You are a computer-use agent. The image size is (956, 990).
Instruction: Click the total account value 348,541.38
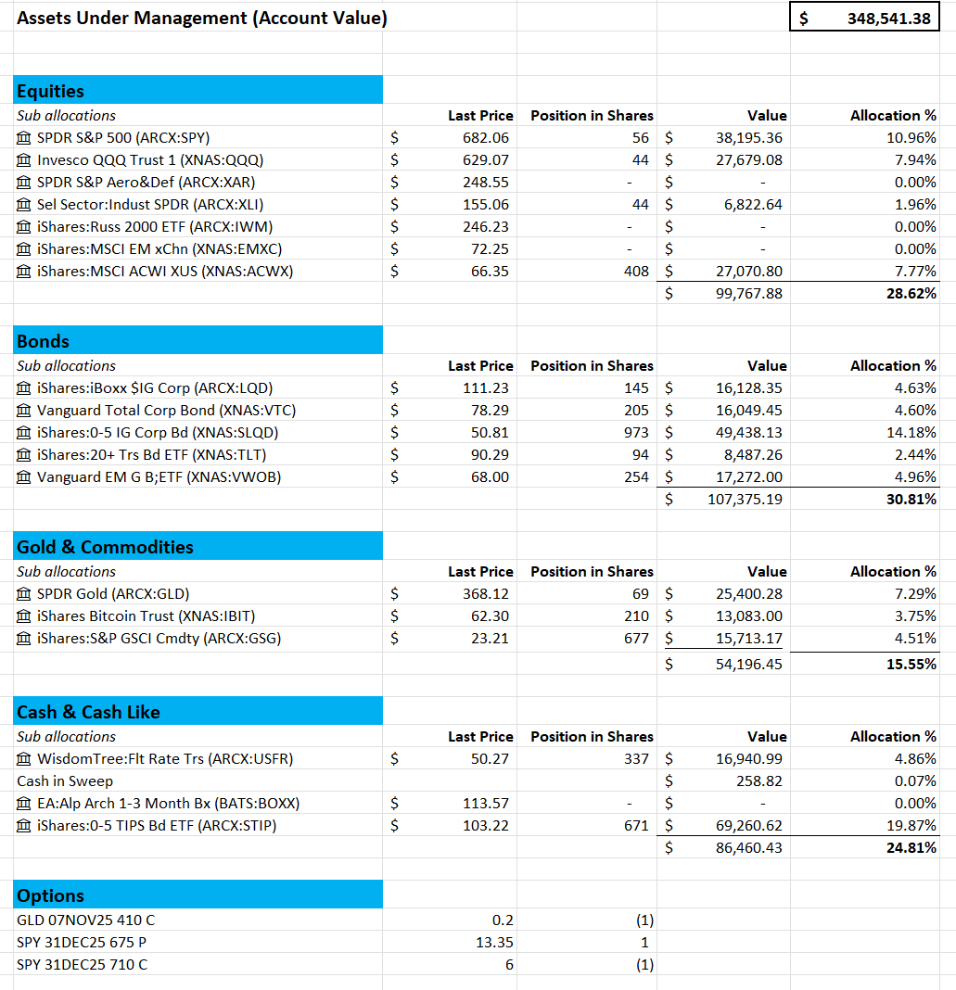point(887,18)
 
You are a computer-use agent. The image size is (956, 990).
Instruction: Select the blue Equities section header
point(198,91)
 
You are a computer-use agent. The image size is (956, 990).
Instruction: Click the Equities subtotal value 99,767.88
point(748,293)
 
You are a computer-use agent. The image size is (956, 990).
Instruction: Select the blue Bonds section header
point(198,341)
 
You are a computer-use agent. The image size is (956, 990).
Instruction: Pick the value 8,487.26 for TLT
point(750,454)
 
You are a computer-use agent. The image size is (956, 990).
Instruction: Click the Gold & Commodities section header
point(198,547)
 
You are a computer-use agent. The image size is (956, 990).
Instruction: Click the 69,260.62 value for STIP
point(748,825)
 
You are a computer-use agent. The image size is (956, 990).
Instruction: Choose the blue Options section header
point(198,895)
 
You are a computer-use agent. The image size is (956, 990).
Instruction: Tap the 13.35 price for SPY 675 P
point(495,942)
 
